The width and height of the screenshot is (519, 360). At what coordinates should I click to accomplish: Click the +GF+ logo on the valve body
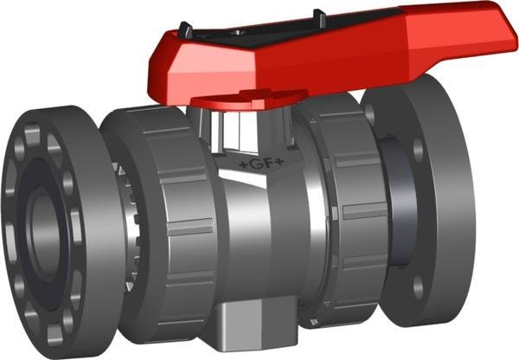pos(261,164)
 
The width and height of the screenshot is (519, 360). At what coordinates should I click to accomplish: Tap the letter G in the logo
pos(256,164)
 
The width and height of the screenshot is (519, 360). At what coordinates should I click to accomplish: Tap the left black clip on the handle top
pos(185,30)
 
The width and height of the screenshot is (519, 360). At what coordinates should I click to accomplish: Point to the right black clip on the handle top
pos(319,17)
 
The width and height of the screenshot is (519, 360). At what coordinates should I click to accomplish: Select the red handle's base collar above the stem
pos(249,100)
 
